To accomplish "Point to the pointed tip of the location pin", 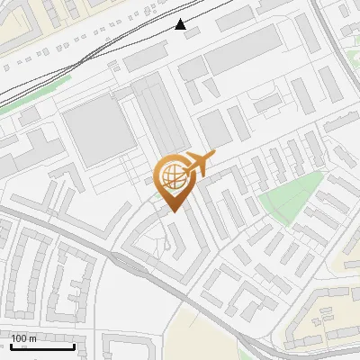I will pos(172,211).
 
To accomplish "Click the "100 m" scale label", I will pos(24,337).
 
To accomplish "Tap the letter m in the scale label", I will pos(33,337).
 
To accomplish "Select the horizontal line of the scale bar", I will pos(41,346).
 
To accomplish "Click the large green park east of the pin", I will pos(290,198).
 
